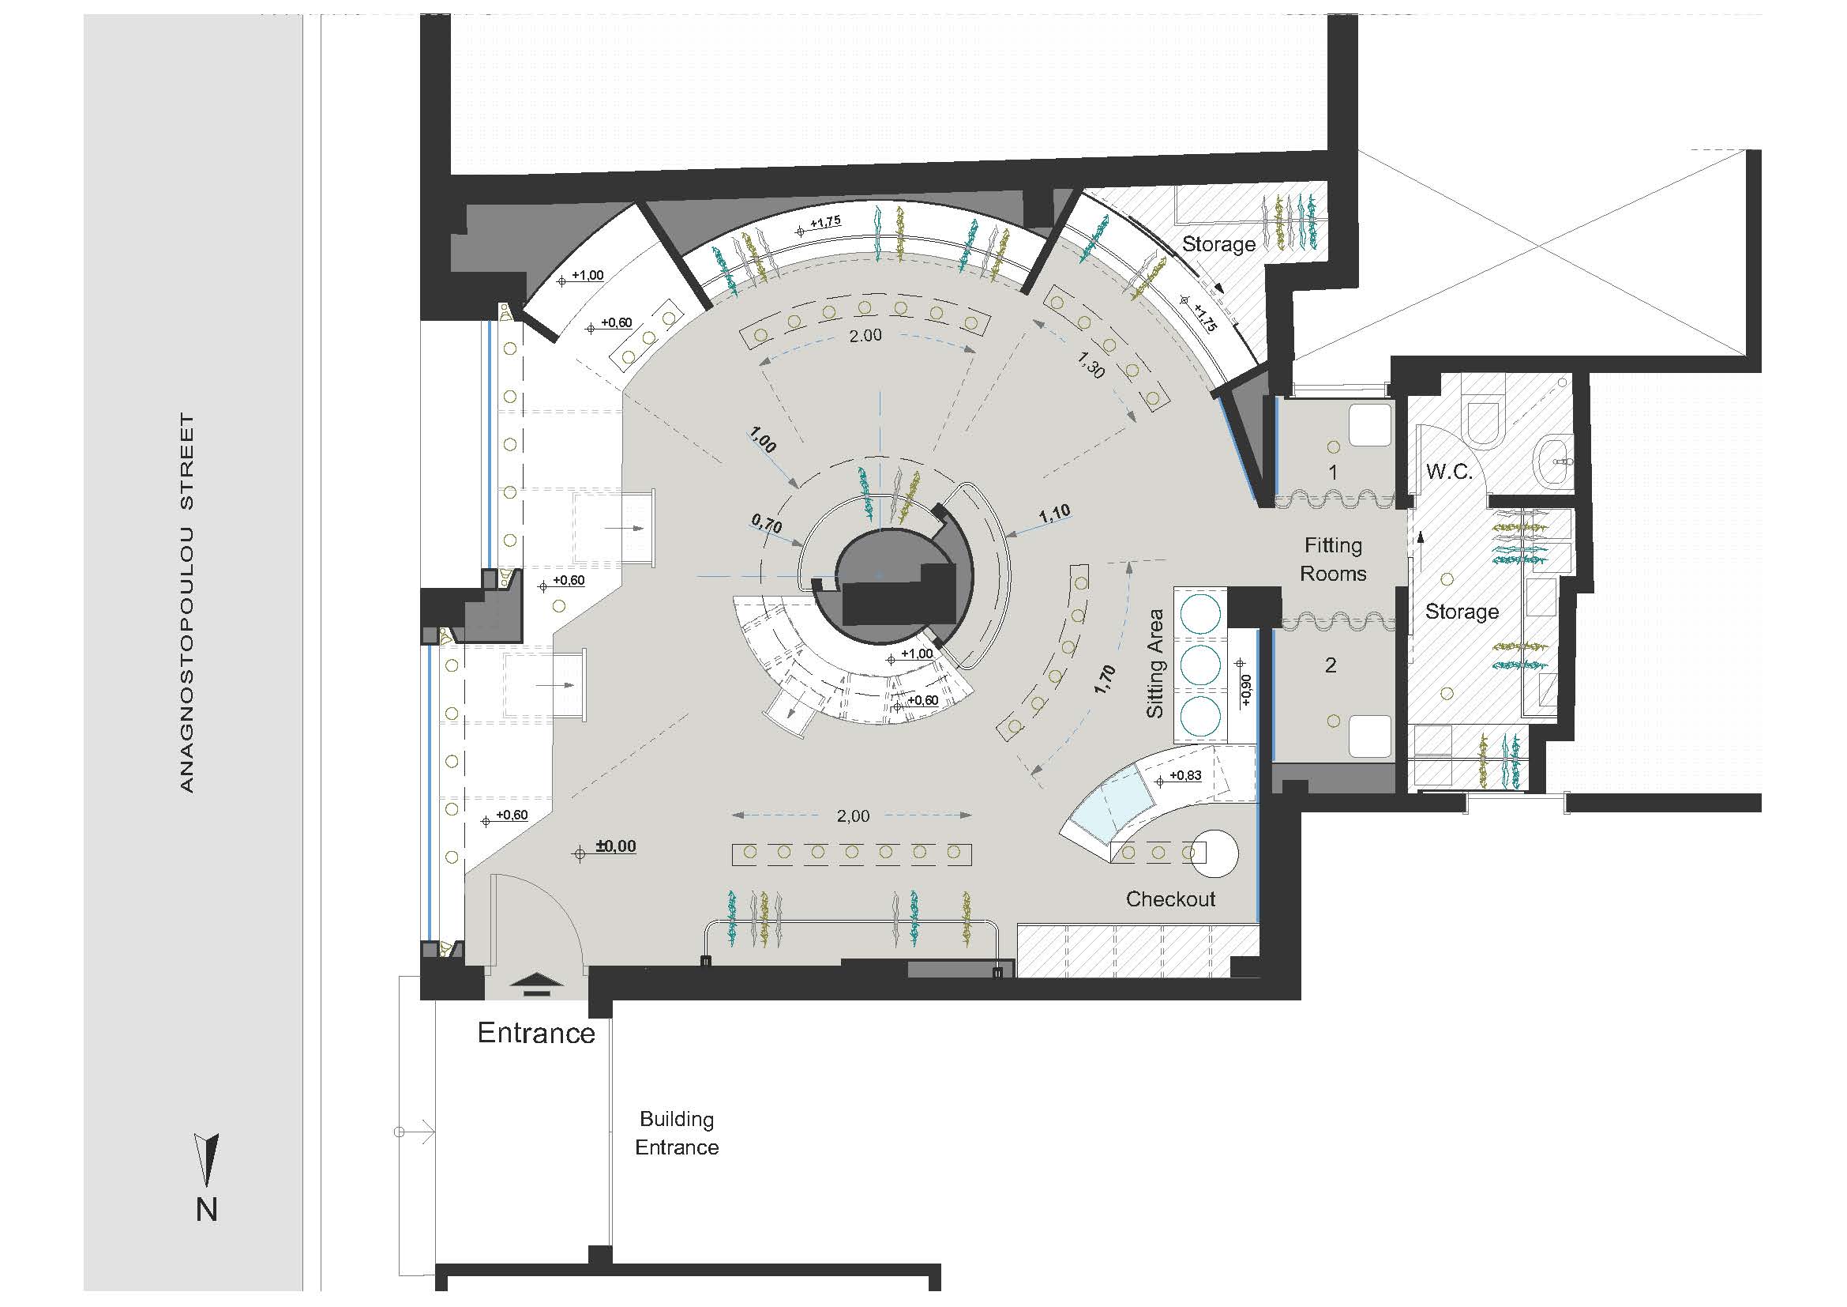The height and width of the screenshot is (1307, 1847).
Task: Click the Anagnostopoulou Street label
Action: [x=186, y=603]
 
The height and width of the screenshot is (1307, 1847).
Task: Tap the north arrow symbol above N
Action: [x=208, y=1160]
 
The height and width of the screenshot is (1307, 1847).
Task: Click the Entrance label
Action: [x=535, y=1034]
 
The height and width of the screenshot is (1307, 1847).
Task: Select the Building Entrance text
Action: [x=677, y=1133]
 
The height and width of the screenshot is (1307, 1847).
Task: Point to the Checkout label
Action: [x=1170, y=899]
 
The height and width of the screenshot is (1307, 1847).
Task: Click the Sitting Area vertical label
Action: [x=1155, y=664]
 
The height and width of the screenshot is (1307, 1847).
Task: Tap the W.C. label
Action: [x=1449, y=473]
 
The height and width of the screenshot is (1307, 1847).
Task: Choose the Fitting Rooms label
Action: [x=1333, y=559]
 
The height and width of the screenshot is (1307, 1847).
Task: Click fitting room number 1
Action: [x=1333, y=473]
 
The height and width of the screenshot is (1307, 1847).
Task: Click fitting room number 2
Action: [x=1331, y=665]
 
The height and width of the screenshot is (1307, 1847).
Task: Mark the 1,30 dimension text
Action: [x=1089, y=366]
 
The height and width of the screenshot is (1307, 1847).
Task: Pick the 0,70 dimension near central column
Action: [x=766, y=525]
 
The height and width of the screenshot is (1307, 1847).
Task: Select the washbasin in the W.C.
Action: [x=1554, y=464]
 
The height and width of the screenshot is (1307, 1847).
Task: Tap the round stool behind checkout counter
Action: [x=1214, y=853]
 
